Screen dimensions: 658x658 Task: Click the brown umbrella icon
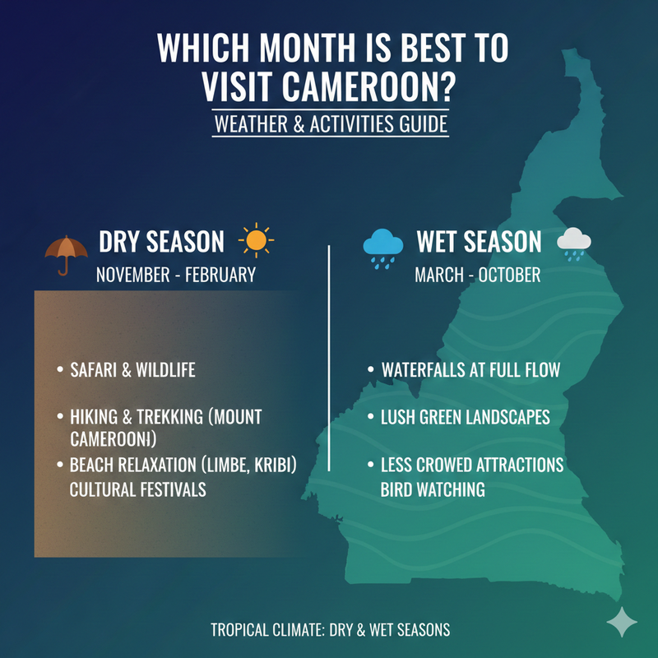pyautogui.click(x=66, y=252)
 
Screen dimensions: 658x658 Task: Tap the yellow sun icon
pyautogui.click(x=256, y=240)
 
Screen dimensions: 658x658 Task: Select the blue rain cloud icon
pyautogui.click(x=382, y=248)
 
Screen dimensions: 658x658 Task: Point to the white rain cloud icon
pyautogui.click(x=573, y=243)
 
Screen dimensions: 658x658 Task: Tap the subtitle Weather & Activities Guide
pyautogui.click(x=331, y=124)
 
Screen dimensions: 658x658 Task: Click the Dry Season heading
pyautogui.click(x=161, y=242)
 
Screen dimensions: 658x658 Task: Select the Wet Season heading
pyautogui.click(x=479, y=242)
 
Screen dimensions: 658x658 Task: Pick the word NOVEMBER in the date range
pyautogui.click(x=132, y=276)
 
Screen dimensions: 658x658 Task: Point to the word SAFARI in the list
pyautogui.click(x=93, y=370)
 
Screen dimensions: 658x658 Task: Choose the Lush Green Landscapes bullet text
pyautogui.click(x=465, y=417)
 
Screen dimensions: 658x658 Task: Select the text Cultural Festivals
pyautogui.click(x=137, y=489)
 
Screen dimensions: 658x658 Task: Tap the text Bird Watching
pyautogui.click(x=433, y=489)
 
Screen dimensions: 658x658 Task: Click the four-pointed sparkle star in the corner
pyautogui.click(x=622, y=622)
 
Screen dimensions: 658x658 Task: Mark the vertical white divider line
pyautogui.click(x=329, y=358)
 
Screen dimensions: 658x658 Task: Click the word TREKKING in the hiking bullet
pyautogui.click(x=170, y=417)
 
